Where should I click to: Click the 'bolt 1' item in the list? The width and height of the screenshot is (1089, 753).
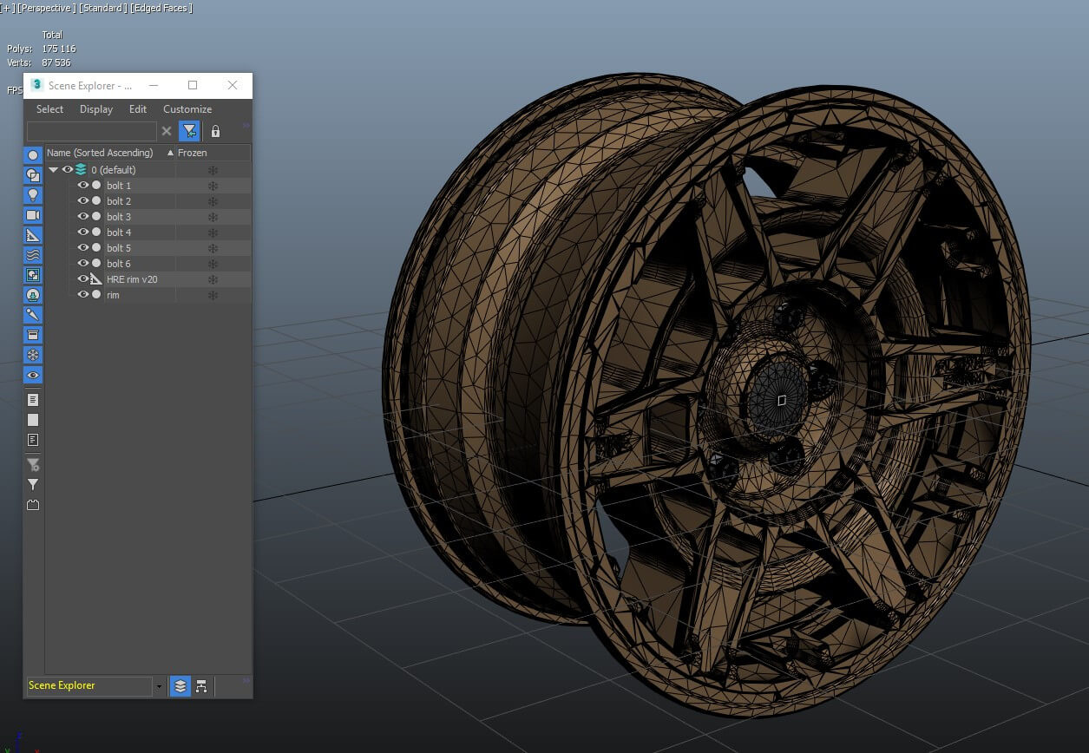pyautogui.click(x=119, y=186)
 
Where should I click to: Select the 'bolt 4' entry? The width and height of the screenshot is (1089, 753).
pyautogui.click(x=119, y=232)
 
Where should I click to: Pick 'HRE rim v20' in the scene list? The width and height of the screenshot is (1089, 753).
pyautogui.click(x=132, y=279)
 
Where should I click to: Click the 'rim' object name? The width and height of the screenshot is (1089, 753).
pyautogui.click(x=113, y=295)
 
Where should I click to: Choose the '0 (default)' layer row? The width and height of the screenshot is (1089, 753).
pyautogui.click(x=114, y=170)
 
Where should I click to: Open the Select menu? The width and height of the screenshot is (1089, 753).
pyautogui.click(x=49, y=109)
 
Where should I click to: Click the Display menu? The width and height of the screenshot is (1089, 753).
pyautogui.click(x=96, y=109)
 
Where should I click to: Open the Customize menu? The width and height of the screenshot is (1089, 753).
pyautogui.click(x=187, y=109)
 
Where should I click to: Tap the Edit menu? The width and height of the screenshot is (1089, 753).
pyautogui.click(x=138, y=109)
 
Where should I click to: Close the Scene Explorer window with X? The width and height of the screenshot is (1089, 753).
pyautogui.click(x=232, y=85)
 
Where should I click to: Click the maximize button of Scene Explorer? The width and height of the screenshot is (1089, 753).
pyautogui.click(x=193, y=85)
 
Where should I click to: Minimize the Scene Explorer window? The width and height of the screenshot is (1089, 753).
pyautogui.click(x=154, y=85)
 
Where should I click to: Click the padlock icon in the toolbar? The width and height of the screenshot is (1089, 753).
pyautogui.click(x=215, y=131)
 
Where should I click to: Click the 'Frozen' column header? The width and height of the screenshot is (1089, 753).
pyautogui.click(x=193, y=153)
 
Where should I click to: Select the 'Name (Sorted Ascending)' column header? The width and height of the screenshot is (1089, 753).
pyautogui.click(x=100, y=153)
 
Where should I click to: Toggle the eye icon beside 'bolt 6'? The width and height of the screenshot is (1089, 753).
pyautogui.click(x=83, y=264)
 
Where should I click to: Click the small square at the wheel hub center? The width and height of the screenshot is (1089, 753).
pyautogui.click(x=782, y=400)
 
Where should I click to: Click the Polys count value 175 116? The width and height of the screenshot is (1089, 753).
pyautogui.click(x=59, y=49)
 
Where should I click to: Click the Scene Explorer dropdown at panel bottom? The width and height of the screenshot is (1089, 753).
pyautogui.click(x=95, y=686)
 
